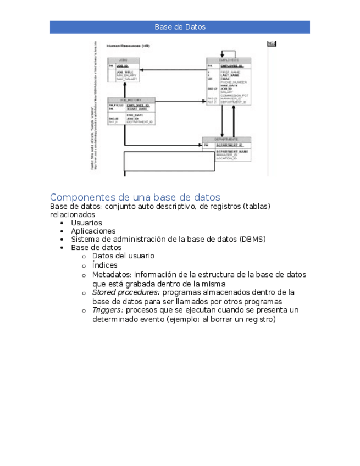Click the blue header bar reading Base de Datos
(180, 27)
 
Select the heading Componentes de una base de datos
(135, 197)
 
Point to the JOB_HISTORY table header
(131, 100)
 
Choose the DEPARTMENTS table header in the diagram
(226, 140)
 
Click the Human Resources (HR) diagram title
(128, 46)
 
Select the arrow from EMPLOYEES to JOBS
(173, 70)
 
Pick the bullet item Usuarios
(86, 223)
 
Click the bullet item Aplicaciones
(93, 231)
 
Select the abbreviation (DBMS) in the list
(253, 240)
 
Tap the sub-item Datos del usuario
(123, 256)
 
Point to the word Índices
(104, 265)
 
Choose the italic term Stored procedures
(126, 292)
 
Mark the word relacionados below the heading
(72, 215)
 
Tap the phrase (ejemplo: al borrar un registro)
(221, 319)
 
